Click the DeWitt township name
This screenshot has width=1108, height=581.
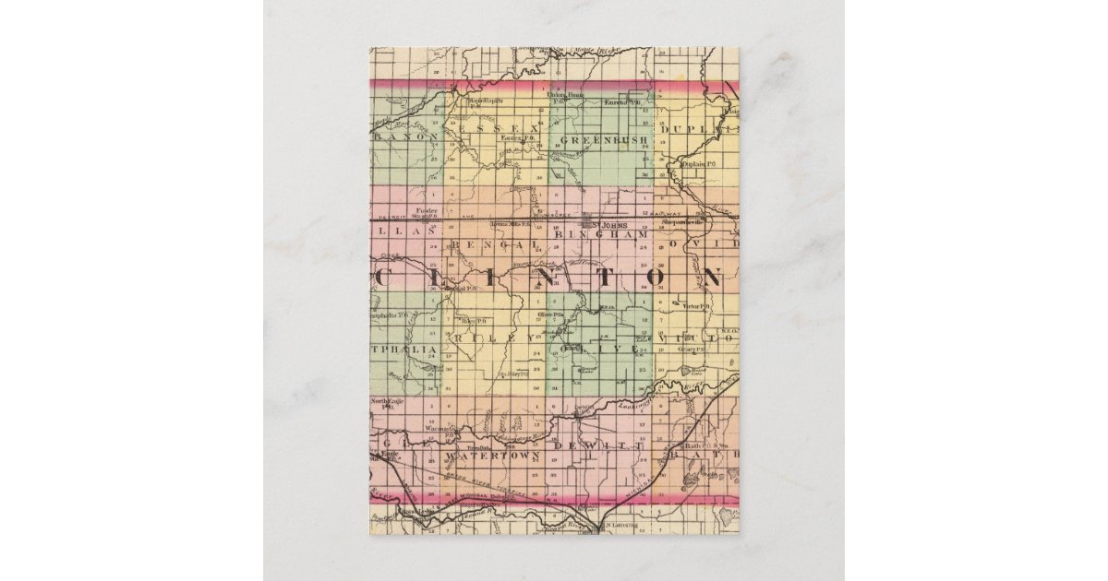coord(595,445)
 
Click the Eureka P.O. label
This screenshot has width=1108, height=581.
coord(621,103)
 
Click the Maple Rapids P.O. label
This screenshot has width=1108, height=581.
coord(488,101)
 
